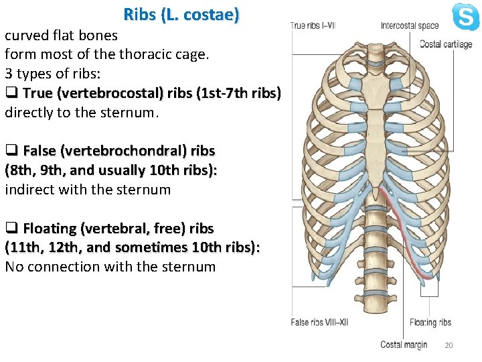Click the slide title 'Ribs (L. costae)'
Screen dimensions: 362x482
coord(181,14)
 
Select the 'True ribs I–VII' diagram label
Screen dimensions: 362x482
coord(313,26)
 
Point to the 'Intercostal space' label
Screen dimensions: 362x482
coord(410,26)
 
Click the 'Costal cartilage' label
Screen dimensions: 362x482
coord(446,44)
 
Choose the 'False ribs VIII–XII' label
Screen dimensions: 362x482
coord(320,322)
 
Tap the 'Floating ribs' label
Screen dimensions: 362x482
coord(430,322)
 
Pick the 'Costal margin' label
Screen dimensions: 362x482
coord(404,345)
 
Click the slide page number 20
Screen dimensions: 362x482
coord(449,345)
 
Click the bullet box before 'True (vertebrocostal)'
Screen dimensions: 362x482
coord(11,93)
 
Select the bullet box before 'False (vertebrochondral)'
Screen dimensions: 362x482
coord(11,151)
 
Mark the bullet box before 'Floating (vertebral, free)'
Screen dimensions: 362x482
coord(11,229)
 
